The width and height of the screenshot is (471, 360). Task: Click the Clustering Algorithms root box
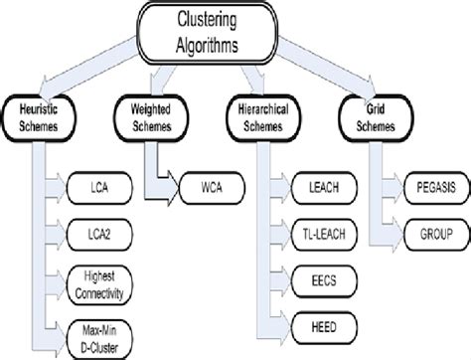tap(237, 30)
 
